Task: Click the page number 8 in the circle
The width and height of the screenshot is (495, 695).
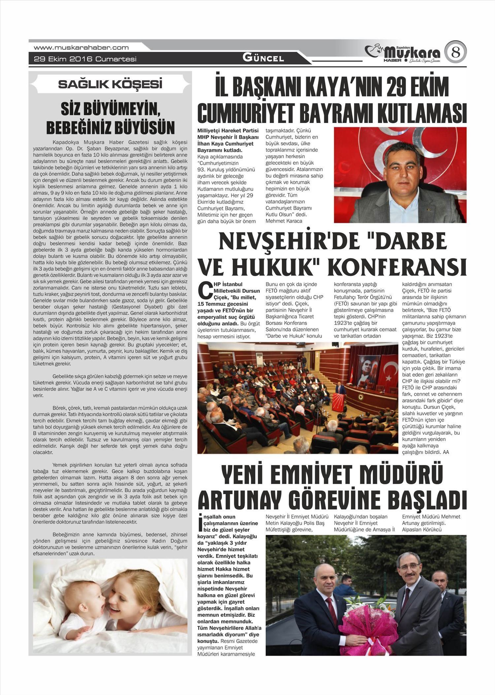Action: pyautogui.click(x=455, y=52)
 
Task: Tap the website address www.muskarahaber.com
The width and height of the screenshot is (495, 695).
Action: pyautogui.click(x=81, y=48)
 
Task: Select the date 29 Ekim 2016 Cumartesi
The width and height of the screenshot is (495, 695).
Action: pyautogui.click(x=85, y=59)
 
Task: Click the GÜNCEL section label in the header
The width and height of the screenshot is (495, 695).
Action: pyautogui.click(x=263, y=58)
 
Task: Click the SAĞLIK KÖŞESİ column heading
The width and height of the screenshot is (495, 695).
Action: pyautogui.click(x=110, y=84)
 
